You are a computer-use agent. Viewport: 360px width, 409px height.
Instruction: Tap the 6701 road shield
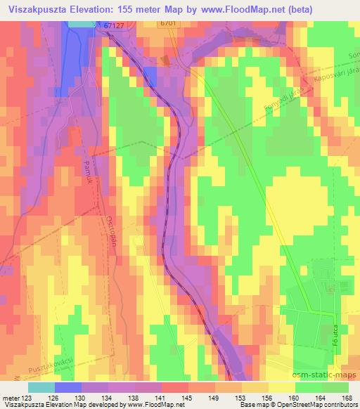point(167,23)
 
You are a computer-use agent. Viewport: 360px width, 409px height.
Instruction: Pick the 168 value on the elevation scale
point(347,398)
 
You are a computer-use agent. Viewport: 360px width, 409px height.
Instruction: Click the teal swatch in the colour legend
point(41,387)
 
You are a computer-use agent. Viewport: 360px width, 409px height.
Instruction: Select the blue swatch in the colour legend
point(67,387)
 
